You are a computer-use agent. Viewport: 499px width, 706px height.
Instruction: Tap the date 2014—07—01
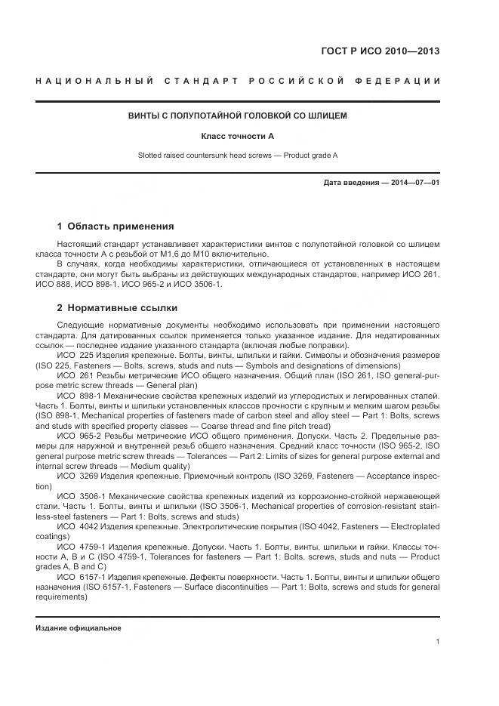point(413,183)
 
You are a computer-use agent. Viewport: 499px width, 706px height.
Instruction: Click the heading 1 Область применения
point(116,226)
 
